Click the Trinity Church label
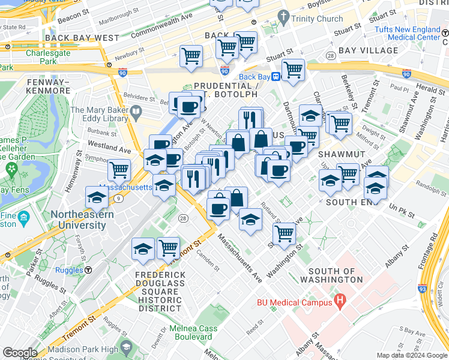pos(317,19)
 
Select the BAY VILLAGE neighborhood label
pos(368,50)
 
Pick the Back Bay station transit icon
pos(276,76)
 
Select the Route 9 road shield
pos(119,198)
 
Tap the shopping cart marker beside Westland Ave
pos(119,170)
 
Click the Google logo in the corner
pos(19,353)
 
